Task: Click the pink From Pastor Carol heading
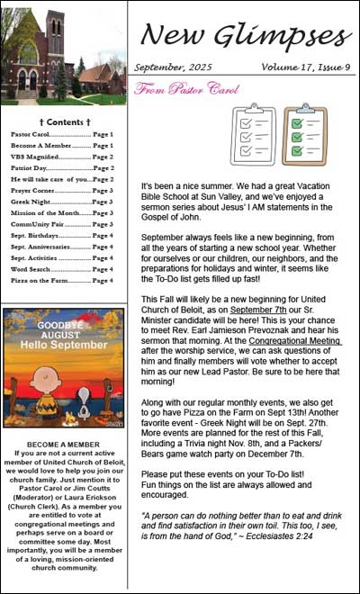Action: (175, 89)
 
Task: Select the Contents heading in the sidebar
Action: (64, 121)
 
